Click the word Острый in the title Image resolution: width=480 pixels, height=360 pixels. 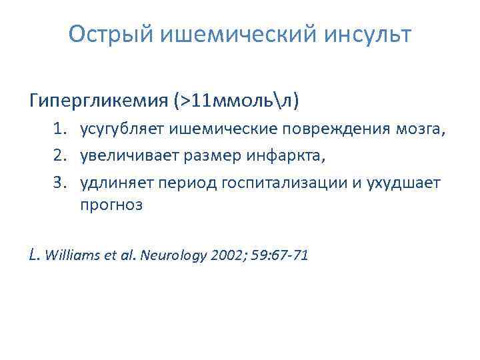pyautogui.click(x=111, y=33)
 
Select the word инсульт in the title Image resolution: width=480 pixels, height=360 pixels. pyautogui.click(x=369, y=33)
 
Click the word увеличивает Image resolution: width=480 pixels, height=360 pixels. pyautogui.click(x=125, y=155)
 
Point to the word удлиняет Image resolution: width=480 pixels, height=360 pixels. pyautogui.click(x=114, y=183)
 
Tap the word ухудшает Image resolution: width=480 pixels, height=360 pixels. pyautogui.click(x=405, y=183)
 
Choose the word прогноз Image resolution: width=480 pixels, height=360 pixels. pyautogui.click(x=111, y=205)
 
